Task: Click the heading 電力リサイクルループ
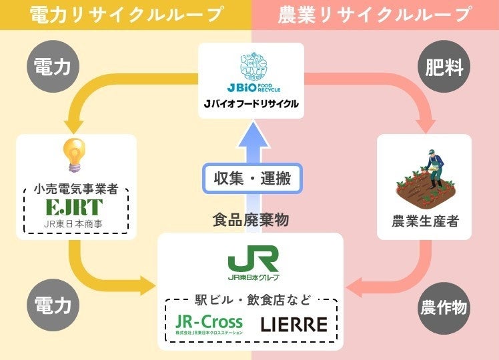[126, 15]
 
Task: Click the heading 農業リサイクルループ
[375, 15]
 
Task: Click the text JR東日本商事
[75, 223]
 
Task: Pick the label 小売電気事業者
[75, 189]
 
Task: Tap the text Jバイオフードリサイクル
[251, 104]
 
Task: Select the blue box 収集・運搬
[253, 179]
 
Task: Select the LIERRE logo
[294, 324]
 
